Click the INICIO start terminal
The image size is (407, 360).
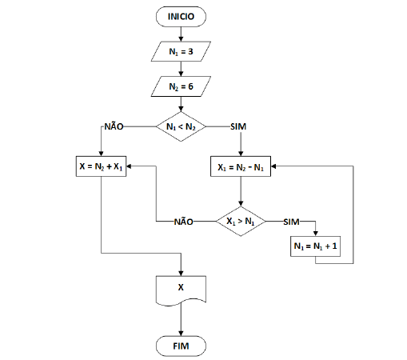(181, 17)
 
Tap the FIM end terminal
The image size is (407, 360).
(181, 346)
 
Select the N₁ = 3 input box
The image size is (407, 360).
(181, 51)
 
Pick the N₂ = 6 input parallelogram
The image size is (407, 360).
(181, 86)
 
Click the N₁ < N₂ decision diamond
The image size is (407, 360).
(181, 126)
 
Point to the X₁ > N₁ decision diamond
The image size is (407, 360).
(241, 222)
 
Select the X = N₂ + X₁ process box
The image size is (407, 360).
(101, 166)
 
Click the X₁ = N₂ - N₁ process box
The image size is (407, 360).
(241, 166)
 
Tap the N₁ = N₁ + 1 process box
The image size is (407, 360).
(315, 246)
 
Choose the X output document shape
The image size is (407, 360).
(181, 290)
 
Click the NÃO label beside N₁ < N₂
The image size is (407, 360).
(114, 126)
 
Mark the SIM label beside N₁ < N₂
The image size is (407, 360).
(238, 126)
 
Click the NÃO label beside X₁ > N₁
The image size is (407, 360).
(184, 222)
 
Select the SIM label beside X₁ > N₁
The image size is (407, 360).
(291, 222)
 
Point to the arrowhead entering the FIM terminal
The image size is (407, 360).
(181, 334)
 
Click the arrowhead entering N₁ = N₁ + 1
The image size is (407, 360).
(316, 234)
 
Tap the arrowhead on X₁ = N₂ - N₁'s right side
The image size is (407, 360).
(273, 166)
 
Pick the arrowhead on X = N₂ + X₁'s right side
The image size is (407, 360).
(129, 166)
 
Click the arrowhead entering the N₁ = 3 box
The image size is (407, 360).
(181, 39)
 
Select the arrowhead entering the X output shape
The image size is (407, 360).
(181, 274)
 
